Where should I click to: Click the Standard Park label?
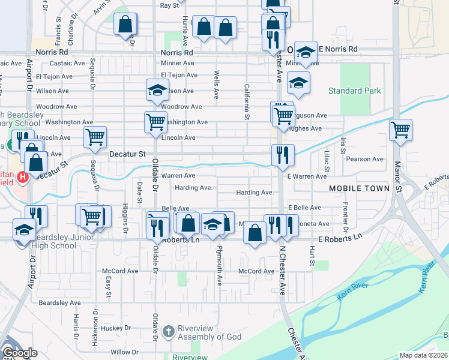click(x=354, y=91)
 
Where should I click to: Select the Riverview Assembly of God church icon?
click(x=169, y=331)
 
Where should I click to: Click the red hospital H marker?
click(x=23, y=177)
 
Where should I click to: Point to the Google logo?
click(x=20, y=353)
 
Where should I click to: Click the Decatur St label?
click(x=127, y=154)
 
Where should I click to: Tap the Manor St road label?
click(x=397, y=173)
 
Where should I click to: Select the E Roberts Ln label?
click(x=341, y=239)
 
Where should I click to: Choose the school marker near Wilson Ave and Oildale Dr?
click(x=157, y=91)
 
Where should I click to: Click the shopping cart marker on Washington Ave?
click(x=155, y=122)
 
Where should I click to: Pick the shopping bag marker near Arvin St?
click(x=125, y=25)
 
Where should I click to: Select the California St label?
click(x=247, y=101)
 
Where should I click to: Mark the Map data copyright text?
click(x=423, y=355)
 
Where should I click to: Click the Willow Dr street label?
click(x=124, y=352)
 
